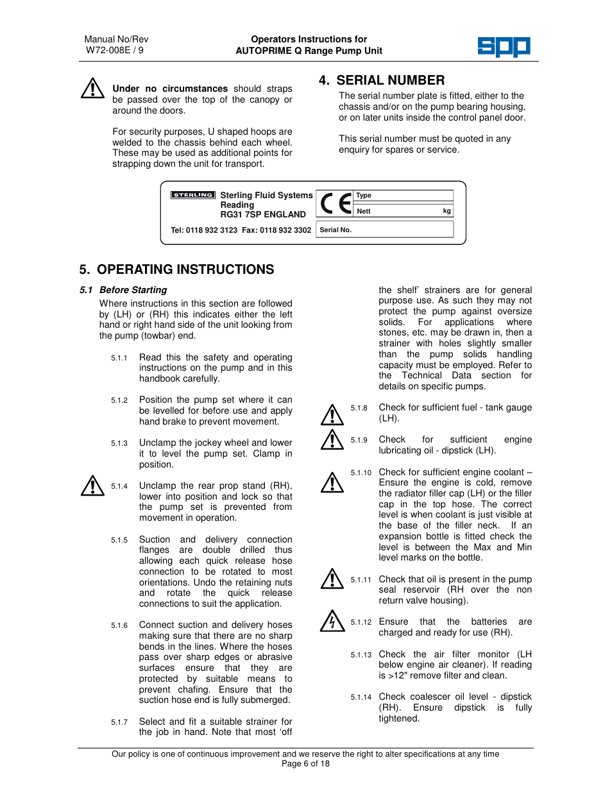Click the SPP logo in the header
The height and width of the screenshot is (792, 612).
504,47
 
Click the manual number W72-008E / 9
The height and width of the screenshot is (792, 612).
115,51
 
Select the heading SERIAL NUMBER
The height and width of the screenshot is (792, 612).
390,80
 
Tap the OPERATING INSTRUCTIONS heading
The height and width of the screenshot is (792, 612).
185,269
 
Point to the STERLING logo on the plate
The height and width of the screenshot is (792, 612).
192,195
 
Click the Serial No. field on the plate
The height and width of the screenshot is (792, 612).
385,230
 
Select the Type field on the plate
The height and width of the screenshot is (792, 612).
404,196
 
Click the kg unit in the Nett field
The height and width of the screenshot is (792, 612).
446,211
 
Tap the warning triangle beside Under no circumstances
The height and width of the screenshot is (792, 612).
93,88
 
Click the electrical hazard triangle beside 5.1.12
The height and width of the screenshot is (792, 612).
332,621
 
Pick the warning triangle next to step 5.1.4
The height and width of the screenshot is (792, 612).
93,486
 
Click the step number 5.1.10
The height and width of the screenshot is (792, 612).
361,473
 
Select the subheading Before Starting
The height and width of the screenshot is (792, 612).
133,290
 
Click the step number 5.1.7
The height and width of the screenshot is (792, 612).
119,722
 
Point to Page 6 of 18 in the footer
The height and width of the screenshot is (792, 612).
305,764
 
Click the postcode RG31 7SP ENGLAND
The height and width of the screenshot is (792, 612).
263,215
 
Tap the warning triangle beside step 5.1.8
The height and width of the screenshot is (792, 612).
332,415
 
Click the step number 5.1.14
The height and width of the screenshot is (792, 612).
361,697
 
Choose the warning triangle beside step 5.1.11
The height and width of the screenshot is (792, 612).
332,579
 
